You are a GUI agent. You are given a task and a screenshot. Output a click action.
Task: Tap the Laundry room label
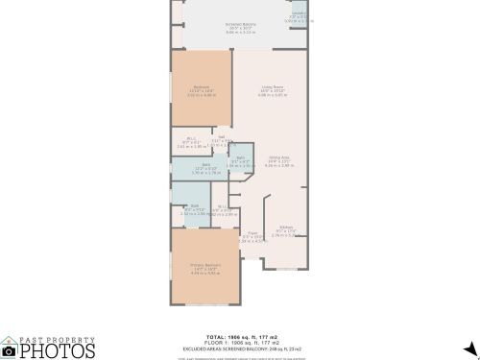(x=300, y=15)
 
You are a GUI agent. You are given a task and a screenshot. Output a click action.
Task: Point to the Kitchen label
(x=285, y=228)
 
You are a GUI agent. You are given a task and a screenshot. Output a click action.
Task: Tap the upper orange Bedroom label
(x=202, y=90)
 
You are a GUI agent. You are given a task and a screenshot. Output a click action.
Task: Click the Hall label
(x=221, y=138)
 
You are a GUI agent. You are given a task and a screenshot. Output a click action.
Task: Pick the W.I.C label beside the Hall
(x=191, y=140)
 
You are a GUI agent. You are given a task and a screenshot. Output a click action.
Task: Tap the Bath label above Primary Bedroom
(x=194, y=207)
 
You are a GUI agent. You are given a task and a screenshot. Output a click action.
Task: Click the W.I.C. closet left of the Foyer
(x=222, y=207)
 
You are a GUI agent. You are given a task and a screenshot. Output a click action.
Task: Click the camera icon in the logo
(x=9, y=348)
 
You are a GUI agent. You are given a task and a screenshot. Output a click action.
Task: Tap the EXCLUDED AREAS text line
(x=240, y=348)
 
